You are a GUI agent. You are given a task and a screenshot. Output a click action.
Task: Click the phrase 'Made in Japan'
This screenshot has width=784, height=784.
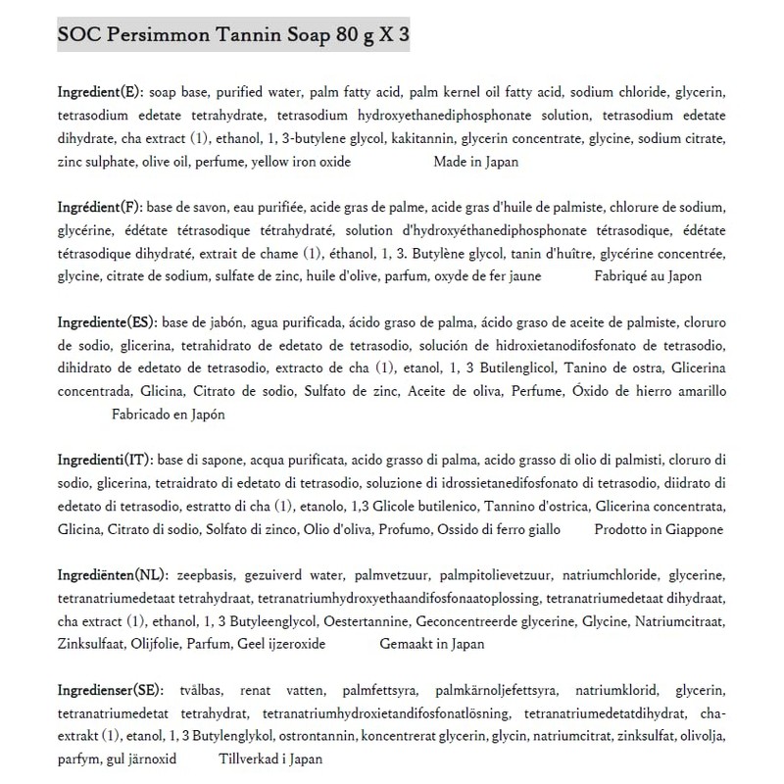(476, 163)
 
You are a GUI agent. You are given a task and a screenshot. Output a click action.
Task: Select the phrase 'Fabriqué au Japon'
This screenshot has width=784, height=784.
(648, 277)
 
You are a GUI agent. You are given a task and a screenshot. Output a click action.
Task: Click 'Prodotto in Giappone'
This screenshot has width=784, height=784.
(659, 530)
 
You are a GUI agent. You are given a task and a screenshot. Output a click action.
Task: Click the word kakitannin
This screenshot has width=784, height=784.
(425, 139)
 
